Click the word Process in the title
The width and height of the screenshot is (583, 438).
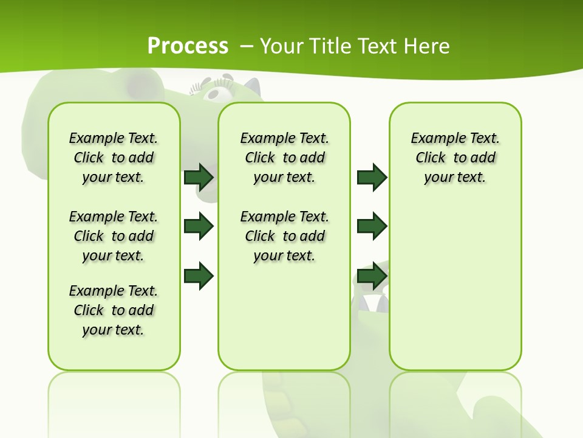(x=188, y=46)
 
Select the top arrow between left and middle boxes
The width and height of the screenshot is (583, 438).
(x=199, y=177)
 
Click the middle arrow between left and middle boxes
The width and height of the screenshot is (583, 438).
(x=199, y=226)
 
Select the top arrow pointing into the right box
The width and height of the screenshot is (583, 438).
(x=372, y=177)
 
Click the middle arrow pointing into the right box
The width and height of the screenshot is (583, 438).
(x=372, y=226)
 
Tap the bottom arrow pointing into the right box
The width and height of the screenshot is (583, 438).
(x=372, y=276)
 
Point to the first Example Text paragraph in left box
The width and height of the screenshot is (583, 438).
(x=114, y=158)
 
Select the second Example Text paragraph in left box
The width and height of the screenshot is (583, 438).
(x=114, y=236)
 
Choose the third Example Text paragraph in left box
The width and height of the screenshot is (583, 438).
(x=114, y=310)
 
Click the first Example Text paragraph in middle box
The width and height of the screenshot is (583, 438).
(x=284, y=158)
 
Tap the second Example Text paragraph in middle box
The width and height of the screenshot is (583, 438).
(x=284, y=236)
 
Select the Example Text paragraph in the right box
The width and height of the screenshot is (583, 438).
(x=455, y=158)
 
